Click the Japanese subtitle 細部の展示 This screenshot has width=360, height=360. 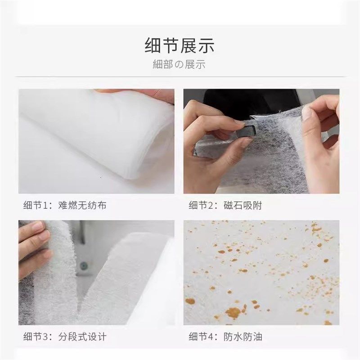point(179,65)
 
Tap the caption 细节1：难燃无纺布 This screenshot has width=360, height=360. point(65,206)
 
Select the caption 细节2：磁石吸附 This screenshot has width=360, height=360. point(225,206)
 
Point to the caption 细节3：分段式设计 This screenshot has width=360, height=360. point(65,337)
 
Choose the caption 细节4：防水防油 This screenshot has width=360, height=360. point(225,337)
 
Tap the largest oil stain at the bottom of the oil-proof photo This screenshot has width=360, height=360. point(233,311)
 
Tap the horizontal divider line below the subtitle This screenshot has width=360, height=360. point(180,77)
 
